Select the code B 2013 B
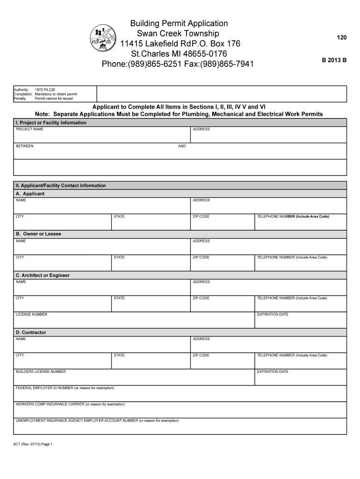click(334, 60)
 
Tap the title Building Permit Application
click(179, 23)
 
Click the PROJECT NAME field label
click(29, 129)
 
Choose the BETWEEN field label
click(25, 146)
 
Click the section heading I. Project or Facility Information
click(51, 123)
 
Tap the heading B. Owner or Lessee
click(38, 234)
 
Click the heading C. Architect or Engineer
click(43, 276)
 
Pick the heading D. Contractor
click(31, 333)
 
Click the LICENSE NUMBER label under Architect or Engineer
click(31, 314)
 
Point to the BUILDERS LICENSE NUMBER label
click(41, 371)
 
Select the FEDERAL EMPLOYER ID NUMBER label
click(65, 388)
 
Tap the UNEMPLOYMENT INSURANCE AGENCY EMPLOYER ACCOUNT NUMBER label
click(97, 421)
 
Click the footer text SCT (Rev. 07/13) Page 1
click(33, 444)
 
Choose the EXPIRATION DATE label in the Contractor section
click(273, 371)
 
